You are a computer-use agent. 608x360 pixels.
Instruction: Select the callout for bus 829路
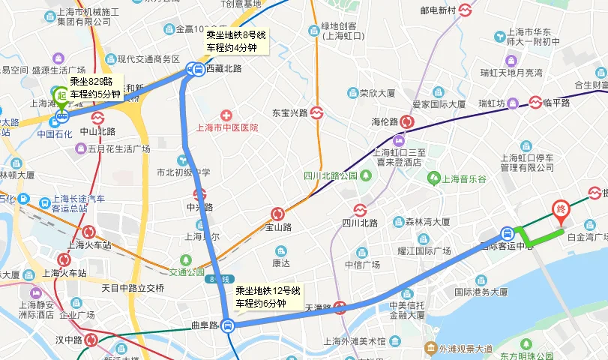coord(94,88)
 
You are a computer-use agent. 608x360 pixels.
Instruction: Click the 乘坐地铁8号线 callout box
coord(236,41)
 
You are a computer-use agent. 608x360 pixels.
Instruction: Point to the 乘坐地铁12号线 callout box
coord(268,297)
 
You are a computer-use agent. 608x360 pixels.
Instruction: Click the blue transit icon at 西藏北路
coord(196,70)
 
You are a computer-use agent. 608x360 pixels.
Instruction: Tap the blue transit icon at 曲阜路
coord(229,325)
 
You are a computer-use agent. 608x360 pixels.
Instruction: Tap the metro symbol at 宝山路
coord(277,214)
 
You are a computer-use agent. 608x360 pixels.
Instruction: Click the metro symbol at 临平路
coord(536,103)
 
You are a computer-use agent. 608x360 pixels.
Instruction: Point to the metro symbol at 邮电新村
coord(466,10)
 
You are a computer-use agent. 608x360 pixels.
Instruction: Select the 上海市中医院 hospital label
coord(226,127)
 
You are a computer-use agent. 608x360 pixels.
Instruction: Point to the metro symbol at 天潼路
coord(340,307)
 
